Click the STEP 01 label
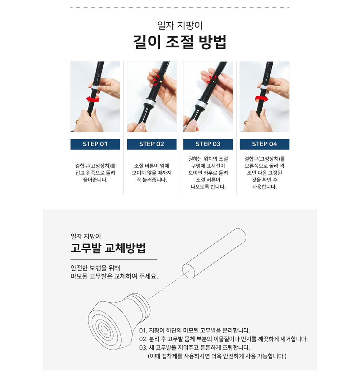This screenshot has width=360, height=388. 95,144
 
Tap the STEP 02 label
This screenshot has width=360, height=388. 152,144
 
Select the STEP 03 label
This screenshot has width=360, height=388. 208,144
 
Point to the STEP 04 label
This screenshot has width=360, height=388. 264,144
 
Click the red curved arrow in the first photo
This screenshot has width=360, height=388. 93,99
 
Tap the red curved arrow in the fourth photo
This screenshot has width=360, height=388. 262,99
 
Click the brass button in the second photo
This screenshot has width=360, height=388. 161,81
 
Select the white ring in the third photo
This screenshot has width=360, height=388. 203,104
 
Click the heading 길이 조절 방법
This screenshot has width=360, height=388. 180,42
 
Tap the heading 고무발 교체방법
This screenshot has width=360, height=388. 108,248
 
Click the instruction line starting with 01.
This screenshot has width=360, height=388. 194,330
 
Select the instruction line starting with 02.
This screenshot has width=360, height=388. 223,339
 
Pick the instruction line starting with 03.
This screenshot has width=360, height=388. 194,348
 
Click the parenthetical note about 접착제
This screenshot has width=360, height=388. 217,356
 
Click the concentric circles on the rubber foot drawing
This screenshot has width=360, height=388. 104,330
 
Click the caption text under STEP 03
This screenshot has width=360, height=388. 208,173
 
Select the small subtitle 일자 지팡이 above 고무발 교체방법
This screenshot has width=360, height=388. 86,236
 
